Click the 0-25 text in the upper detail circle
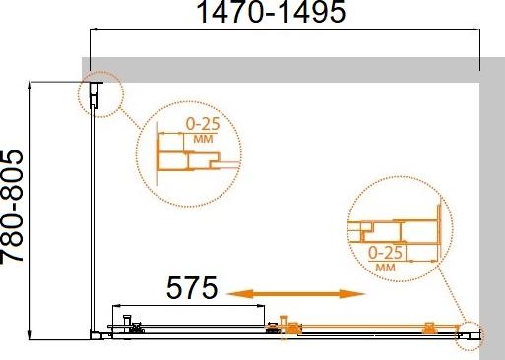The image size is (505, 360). click(205, 126)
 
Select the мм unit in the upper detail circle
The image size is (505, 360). click(204, 140)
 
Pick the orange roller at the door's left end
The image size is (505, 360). click(285, 324)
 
